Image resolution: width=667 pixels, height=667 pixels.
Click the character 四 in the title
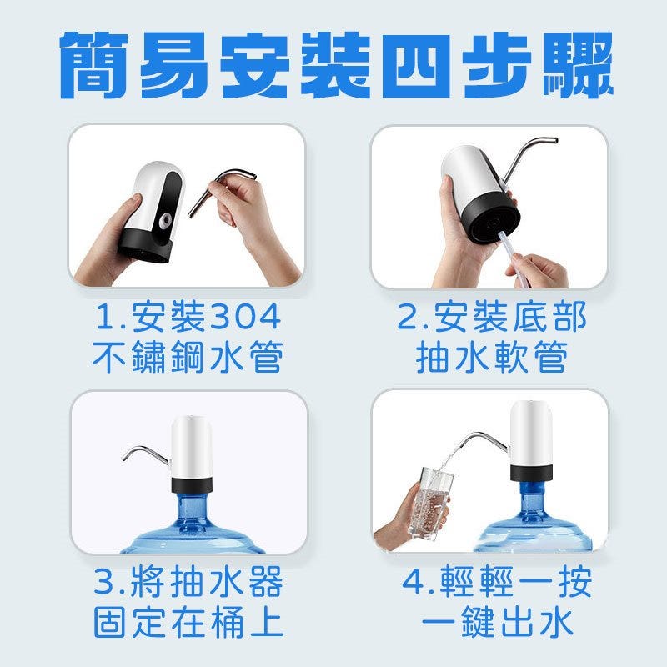(x=415, y=66)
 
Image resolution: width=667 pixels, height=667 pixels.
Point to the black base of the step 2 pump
(x=494, y=221)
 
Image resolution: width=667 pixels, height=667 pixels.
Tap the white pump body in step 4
(x=531, y=433)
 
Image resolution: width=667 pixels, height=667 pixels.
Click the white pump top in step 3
(x=192, y=447)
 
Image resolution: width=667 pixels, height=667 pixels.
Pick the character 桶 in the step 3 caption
(x=227, y=623)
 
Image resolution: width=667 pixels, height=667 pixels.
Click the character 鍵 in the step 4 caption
(x=477, y=623)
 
